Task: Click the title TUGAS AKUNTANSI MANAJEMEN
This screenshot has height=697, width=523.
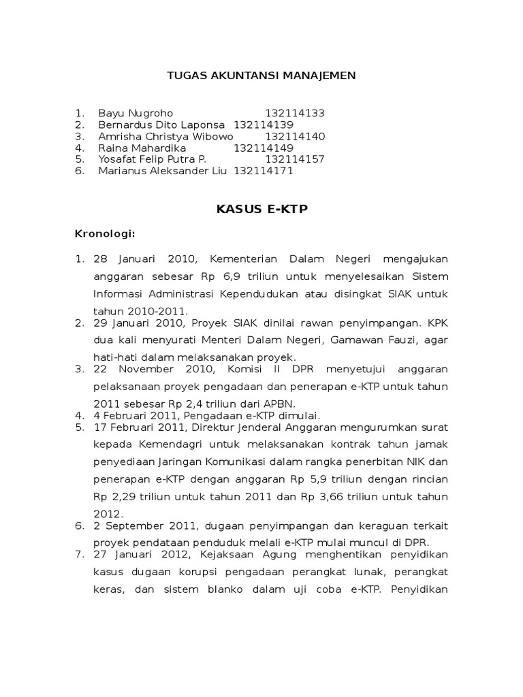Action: tap(261, 75)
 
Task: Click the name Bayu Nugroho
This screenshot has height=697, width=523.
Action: tap(136, 113)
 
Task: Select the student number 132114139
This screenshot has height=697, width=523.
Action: tap(264, 125)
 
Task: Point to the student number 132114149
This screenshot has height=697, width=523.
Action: tap(264, 148)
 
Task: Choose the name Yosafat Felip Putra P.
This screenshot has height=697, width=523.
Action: tap(152, 159)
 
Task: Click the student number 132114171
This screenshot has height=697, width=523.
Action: tap(264, 171)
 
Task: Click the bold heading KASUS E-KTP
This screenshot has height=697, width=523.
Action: tap(261, 210)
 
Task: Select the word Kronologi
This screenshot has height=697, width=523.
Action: tap(104, 234)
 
